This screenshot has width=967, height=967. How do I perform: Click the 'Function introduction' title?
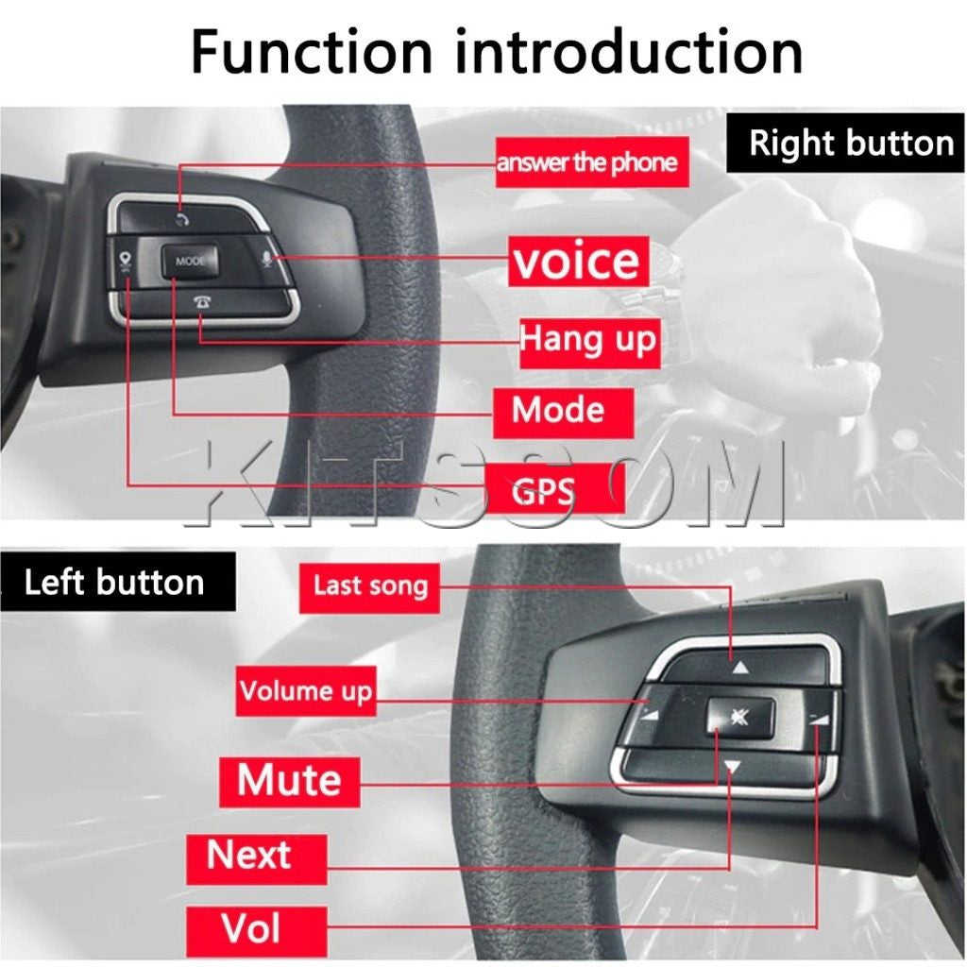click(497, 52)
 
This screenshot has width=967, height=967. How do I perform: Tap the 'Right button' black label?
click(851, 144)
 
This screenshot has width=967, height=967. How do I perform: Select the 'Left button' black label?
click(114, 582)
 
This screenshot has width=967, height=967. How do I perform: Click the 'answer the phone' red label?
click(587, 162)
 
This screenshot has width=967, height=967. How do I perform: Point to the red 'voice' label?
click(576, 261)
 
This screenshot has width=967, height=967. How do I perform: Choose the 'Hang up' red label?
click(587, 339)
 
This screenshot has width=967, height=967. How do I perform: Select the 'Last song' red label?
click(370, 585)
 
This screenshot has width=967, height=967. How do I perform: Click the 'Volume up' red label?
click(305, 690)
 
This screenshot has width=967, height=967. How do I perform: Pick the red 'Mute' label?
click(289, 780)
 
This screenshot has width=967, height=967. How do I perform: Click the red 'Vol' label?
click(250, 927)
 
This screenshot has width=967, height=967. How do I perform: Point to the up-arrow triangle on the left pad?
click(740, 668)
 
